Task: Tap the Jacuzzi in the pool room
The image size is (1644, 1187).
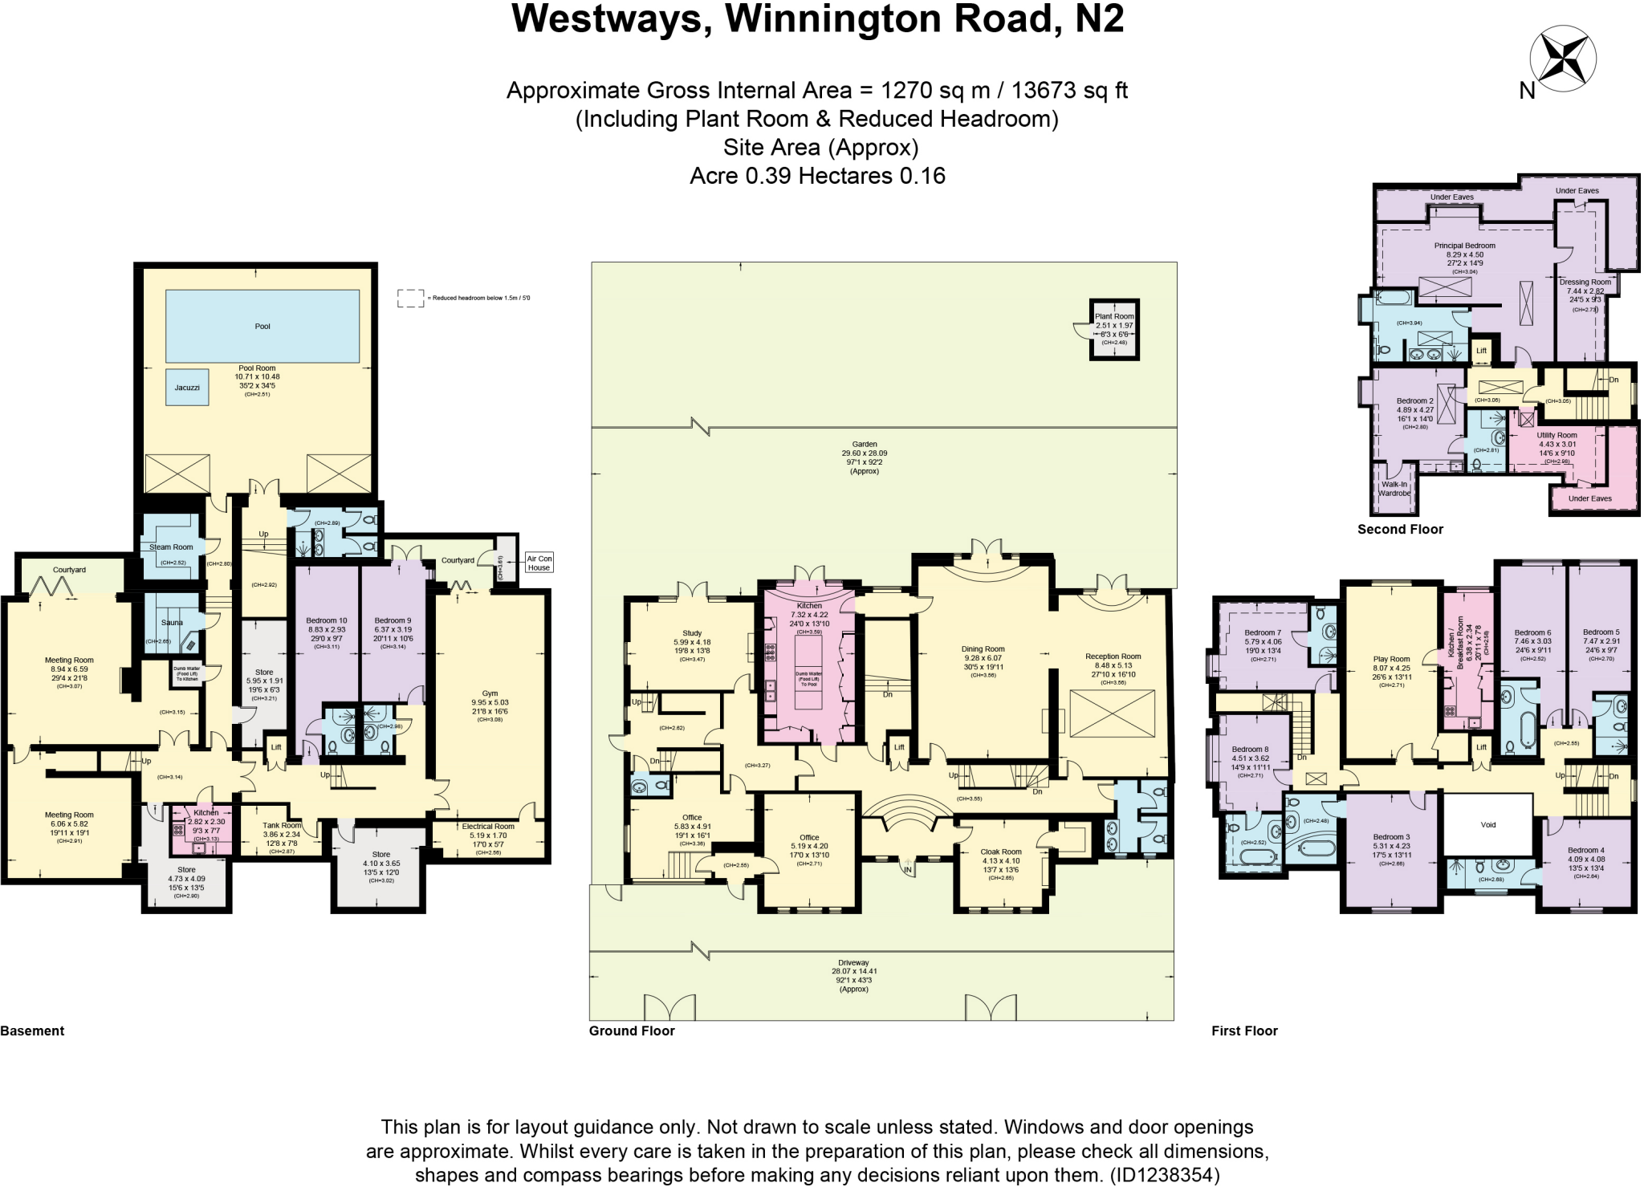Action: pos(187,388)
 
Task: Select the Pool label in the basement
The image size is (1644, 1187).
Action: pos(262,327)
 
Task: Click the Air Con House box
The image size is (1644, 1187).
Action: pos(539,563)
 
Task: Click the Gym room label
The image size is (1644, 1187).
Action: pos(490,693)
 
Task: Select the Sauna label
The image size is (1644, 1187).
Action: pos(172,623)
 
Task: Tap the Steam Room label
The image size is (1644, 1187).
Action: pos(171,547)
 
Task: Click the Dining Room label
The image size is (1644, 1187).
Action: pos(983,649)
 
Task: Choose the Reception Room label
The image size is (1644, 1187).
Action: pos(1113,657)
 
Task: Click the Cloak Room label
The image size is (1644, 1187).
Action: pos(1001,852)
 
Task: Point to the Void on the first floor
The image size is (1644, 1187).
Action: pos(1487,825)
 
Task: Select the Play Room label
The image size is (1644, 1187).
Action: pos(1391,659)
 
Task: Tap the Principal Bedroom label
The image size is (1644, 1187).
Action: pos(1464,246)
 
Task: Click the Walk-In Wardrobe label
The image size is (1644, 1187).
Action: pos(1394,489)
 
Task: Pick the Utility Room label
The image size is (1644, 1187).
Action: pos(1557,435)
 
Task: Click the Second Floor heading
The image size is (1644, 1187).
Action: pos(1400,530)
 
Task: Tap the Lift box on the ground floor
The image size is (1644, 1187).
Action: pos(899,747)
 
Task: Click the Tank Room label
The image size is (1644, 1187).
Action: pos(282,825)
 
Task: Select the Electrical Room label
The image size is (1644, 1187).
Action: pos(488,827)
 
